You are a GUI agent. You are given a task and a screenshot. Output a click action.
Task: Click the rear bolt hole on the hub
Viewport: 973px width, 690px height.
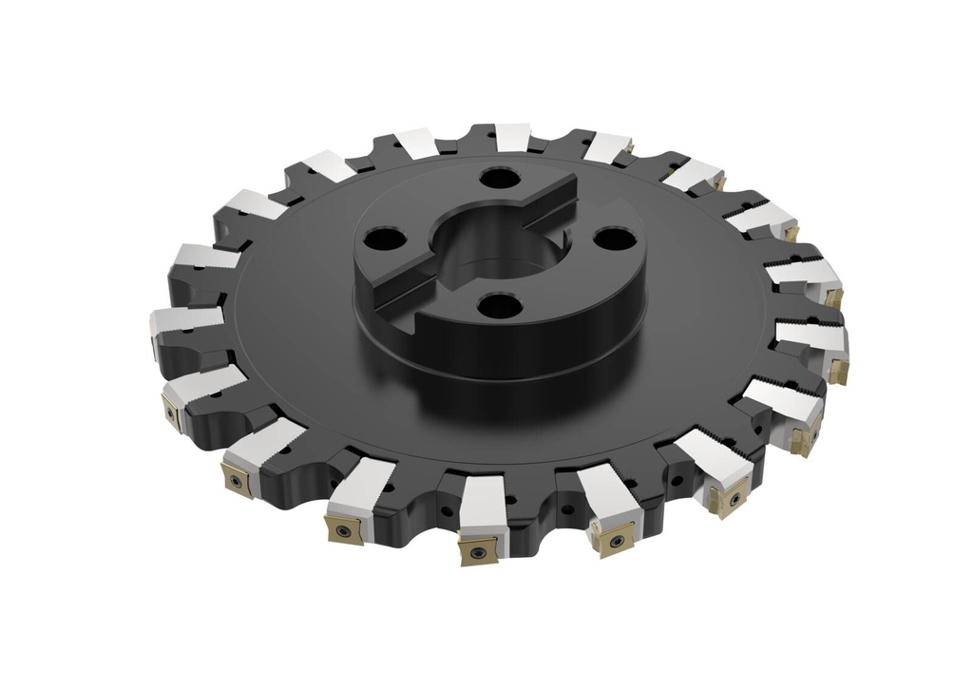click(x=496, y=178)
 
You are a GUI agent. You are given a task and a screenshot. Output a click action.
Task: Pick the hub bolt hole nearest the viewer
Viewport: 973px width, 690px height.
click(x=499, y=306)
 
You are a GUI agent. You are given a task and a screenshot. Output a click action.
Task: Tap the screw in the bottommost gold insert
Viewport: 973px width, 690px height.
click(x=476, y=548)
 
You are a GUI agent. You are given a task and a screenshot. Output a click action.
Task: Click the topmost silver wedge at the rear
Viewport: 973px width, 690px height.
click(x=513, y=137)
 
